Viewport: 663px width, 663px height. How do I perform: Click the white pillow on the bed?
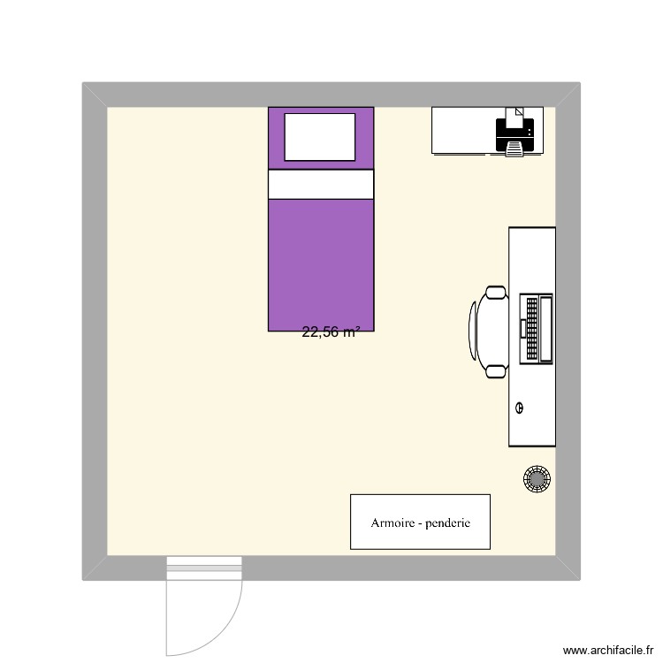coord(320,137)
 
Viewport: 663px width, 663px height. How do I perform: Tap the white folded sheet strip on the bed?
coord(321,185)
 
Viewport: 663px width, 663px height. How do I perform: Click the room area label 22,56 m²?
coord(331,333)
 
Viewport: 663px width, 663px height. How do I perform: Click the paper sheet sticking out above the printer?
coord(513,112)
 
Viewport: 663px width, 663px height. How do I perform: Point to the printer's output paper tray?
coord(514,151)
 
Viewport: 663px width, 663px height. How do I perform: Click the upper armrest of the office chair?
coord(495,293)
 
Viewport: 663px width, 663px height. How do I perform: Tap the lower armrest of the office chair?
coord(495,371)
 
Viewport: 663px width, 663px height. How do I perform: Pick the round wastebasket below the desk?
coord(537,478)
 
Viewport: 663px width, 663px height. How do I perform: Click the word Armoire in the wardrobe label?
coord(394,522)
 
